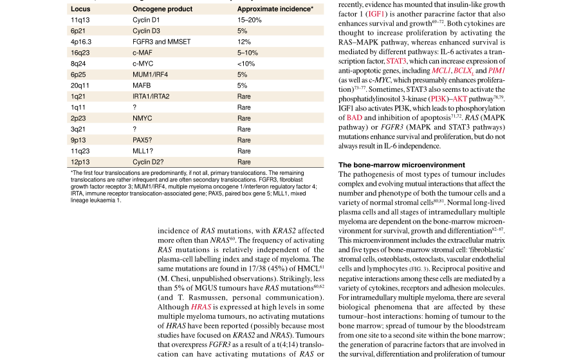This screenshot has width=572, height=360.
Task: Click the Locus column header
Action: coord(80,9)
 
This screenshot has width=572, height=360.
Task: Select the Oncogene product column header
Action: coord(162,9)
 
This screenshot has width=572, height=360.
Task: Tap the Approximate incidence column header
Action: coord(275,9)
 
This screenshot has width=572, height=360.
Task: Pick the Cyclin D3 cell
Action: coord(146,31)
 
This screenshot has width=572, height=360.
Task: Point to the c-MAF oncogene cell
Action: coord(142,53)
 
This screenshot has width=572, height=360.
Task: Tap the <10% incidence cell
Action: coord(246,64)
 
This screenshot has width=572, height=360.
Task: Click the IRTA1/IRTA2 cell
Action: coord(151,96)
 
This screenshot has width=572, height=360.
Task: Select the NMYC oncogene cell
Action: coord(142,118)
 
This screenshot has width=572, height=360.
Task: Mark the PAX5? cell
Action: coord(143,140)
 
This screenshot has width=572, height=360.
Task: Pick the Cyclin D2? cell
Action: coord(148,162)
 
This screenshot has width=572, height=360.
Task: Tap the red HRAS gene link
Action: coord(201,307)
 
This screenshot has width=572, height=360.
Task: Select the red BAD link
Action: coord(354,118)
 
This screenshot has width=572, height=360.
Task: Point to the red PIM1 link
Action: coord(497,69)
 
